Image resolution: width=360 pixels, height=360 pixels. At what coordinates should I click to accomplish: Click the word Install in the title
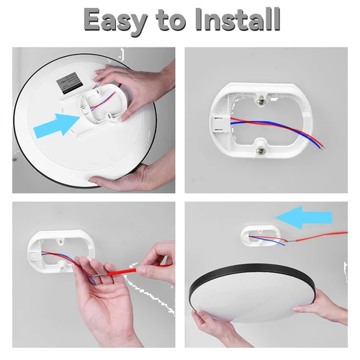tap(238, 19)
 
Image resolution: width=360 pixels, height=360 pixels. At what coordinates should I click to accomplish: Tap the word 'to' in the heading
tap(171, 21)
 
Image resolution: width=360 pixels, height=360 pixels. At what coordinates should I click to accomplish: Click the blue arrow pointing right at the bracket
tap(57, 125)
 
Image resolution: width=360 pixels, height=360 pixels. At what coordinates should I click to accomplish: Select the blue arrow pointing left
tap(304, 217)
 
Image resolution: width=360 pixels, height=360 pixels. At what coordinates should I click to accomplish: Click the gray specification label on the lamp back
tap(70, 83)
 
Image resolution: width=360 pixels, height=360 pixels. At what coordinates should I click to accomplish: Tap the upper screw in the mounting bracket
tap(261, 100)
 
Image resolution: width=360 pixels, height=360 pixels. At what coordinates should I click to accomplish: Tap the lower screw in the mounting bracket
tap(261, 150)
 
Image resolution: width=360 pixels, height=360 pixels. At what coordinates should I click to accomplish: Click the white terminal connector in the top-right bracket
tap(220, 124)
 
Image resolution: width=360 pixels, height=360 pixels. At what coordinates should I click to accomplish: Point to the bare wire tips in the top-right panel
tap(323, 147)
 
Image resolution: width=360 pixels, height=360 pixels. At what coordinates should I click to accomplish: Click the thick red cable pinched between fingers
tap(122, 272)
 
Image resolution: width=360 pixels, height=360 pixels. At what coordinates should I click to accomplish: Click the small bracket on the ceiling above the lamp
tap(261, 235)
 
